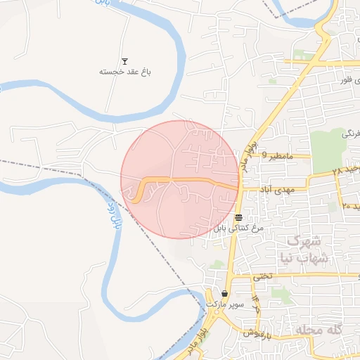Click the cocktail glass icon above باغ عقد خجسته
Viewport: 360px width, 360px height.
pyautogui.click(x=125, y=61)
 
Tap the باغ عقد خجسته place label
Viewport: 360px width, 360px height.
pyautogui.click(x=125, y=72)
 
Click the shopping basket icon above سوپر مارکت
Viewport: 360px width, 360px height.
pyautogui.click(x=225, y=294)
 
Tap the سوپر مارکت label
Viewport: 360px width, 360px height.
pyautogui.click(x=225, y=304)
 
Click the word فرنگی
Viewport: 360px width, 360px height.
pyautogui.click(x=351, y=133)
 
